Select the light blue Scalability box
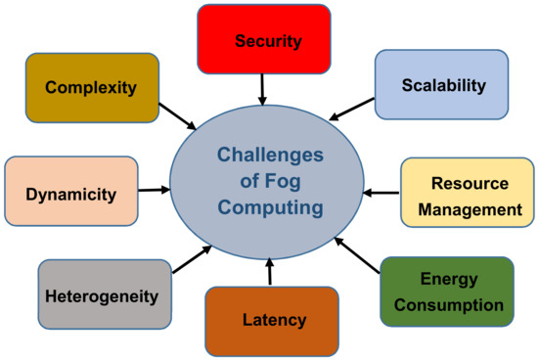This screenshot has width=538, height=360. [x=442, y=85]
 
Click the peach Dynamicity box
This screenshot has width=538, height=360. [x=71, y=193]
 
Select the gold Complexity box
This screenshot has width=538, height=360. [x=92, y=88]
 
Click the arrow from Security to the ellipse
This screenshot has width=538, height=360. [x=262, y=91]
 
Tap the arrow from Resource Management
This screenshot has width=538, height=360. [x=383, y=193]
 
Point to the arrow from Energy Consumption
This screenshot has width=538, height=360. [x=355, y=254]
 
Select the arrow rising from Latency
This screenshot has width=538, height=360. [x=269, y=271]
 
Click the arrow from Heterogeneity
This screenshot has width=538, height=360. [x=191, y=261]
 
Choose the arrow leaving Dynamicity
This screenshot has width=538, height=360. [x=153, y=192]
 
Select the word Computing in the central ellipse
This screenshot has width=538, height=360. [x=268, y=207]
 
